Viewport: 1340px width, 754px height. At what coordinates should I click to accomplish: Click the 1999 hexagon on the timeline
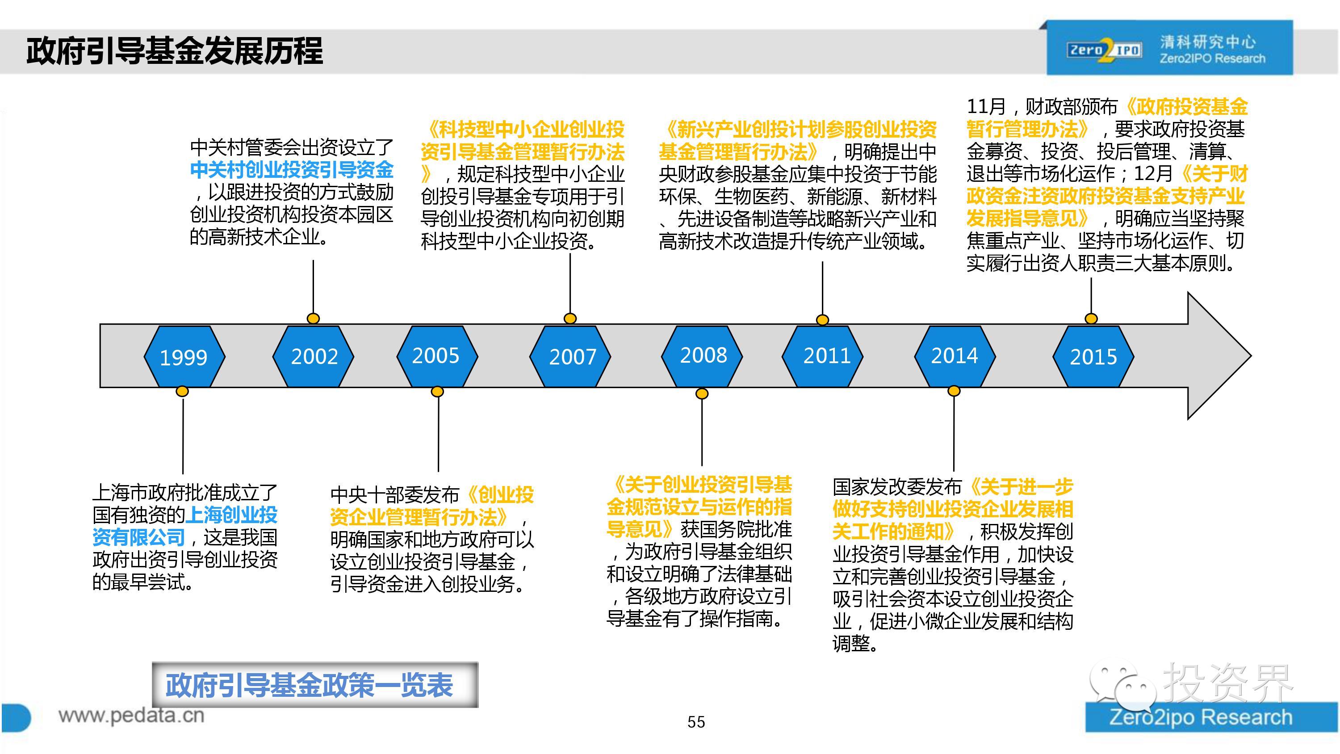click(x=184, y=356)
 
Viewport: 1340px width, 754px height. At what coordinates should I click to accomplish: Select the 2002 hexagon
click(x=313, y=356)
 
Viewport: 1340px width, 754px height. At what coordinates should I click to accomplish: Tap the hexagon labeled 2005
click(x=437, y=356)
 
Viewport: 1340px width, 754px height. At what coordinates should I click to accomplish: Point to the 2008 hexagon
click(x=702, y=356)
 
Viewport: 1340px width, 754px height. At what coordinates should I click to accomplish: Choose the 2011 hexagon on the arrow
click(x=823, y=356)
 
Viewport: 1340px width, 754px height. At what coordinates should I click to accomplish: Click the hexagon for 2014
click(x=955, y=356)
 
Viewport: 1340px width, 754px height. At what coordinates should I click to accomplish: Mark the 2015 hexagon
click(x=1093, y=356)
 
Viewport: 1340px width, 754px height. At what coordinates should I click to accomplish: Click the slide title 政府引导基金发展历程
click(x=175, y=51)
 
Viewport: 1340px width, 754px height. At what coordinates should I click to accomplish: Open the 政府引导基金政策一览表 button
click(x=315, y=685)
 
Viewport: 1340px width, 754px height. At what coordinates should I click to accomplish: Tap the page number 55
click(x=696, y=722)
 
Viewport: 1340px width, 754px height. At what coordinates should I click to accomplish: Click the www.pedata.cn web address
click(x=131, y=716)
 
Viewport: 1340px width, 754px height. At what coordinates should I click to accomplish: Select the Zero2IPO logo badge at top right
click(x=1169, y=48)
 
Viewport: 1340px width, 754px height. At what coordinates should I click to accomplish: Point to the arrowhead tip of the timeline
click(x=1251, y=356)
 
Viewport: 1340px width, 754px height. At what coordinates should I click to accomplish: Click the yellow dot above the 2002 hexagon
click(x=313, y=318)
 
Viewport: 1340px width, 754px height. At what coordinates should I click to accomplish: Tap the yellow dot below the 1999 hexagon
click(x=182, y=391)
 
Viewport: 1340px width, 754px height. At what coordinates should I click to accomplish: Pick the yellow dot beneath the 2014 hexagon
click(x=954, y=391)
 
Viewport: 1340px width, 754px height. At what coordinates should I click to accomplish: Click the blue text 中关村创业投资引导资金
click(x=292, y=170)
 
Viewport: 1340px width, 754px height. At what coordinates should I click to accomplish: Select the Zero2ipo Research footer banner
click(x=1212, y=717)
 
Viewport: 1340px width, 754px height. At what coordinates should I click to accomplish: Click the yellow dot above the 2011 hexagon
click(x=822, y=319)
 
